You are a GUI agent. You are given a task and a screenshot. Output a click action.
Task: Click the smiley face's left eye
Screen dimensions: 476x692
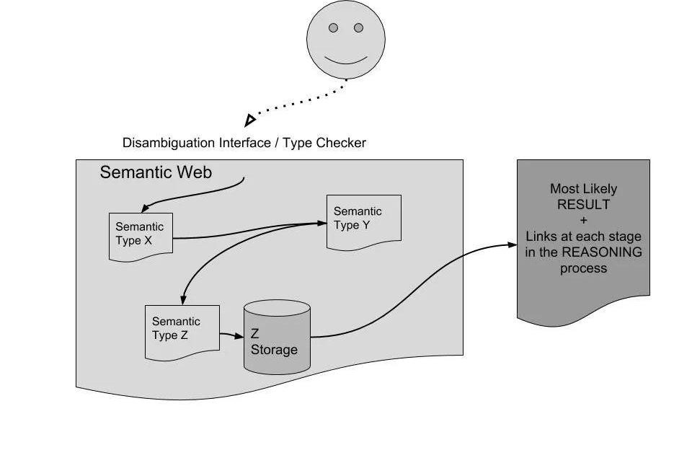click(x=333, y=28)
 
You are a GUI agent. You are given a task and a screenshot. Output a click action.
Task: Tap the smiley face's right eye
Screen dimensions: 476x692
click(x=358, y=28)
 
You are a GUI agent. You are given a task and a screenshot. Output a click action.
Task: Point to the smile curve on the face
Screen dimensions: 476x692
click(x=345, y=59)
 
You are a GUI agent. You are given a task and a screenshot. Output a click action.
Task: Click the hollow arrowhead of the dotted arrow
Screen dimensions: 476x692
click(x=249, y=119)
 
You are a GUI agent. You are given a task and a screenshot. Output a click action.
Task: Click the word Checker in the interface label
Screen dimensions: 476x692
click(x=342, y=143)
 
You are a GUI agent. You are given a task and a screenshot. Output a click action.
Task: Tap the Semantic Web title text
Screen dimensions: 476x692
click(x=156, y=172)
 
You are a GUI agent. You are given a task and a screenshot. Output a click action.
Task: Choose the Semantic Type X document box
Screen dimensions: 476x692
click(x=141, y=235)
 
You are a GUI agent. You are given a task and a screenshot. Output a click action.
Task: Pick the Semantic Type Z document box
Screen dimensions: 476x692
click(x=182, y=330)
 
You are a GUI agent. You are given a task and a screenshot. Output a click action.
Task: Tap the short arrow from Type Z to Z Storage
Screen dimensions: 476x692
click(x=231, y=335)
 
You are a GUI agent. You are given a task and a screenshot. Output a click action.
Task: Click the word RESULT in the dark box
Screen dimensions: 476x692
click(x=583, y=204)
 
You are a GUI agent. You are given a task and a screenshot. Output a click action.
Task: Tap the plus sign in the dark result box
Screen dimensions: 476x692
click(x=583, y=221)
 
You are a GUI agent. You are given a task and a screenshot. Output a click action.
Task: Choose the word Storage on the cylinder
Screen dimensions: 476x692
click(x=274, y=350)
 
